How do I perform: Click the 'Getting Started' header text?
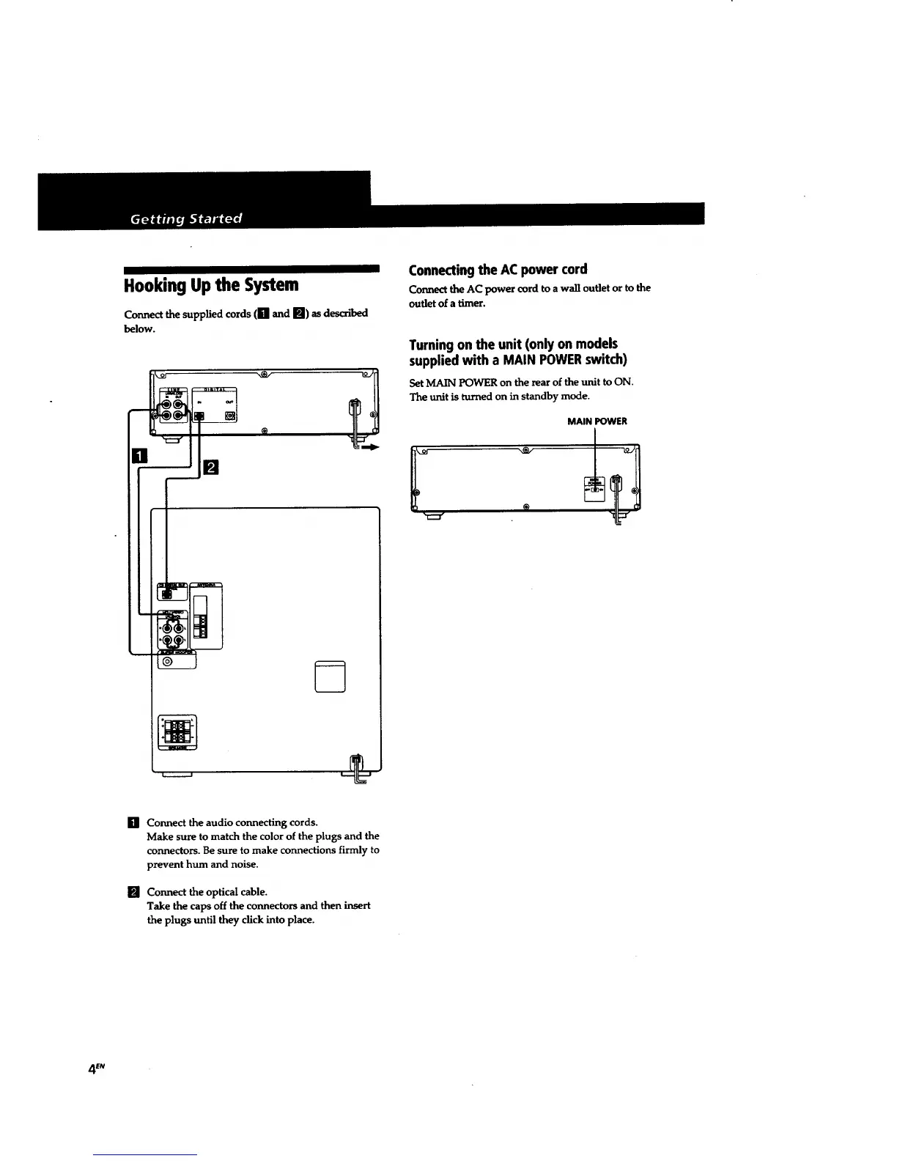[185, 218]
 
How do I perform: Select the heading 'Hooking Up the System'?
[211, 284]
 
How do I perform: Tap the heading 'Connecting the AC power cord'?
[498, 269]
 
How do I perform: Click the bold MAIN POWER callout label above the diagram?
[597, 421]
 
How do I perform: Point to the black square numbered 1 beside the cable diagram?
[139, 457]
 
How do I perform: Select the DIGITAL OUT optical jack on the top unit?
[230, 416]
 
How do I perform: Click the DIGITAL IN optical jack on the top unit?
[199, 416]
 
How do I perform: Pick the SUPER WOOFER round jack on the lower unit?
[168, 662]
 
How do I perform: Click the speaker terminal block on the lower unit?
[177, 731]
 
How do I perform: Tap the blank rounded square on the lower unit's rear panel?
[329, 676]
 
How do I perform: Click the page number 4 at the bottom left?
[92, 1069]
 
